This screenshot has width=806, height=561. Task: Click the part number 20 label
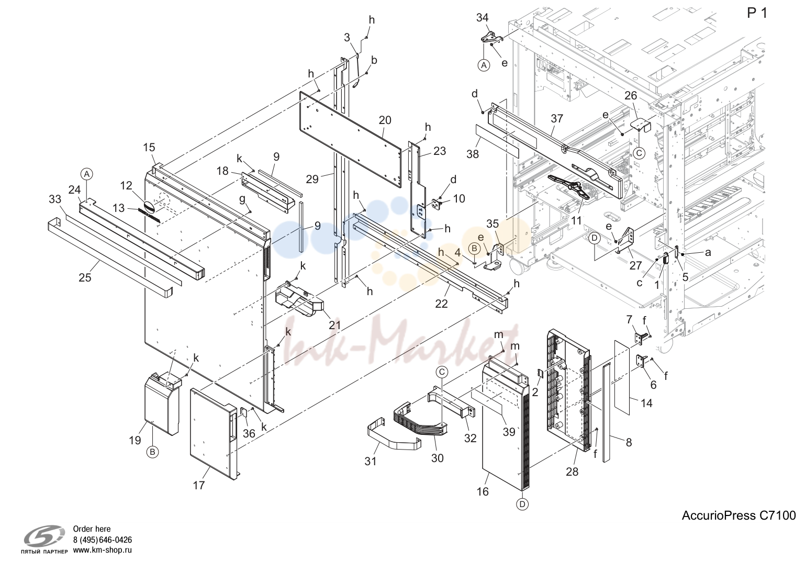tap(385, 120)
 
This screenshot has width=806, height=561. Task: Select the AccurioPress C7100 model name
tap(738, 515)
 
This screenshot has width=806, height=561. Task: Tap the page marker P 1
tap(757, 13)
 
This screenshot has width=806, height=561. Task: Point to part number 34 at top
tap(483, 18)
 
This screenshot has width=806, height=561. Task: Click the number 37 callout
tap(557, 119)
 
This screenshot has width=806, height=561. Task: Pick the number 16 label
tap(483, 491)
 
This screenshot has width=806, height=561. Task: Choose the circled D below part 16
tap(522, 504)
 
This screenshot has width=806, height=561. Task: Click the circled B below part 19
tap(152, 452)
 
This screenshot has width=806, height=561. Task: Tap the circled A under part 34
tap(484, 65)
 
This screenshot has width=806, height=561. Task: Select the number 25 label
tap(85, 277)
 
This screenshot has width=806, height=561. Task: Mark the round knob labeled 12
tap(149, 206)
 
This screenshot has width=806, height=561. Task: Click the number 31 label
tap(370, 461)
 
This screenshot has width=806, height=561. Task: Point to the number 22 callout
tap(442, 304)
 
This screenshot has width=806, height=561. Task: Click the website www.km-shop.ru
tap(103, 550)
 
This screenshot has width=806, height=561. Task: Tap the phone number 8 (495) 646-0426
tap(103, 540)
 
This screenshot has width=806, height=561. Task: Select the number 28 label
tap(572, 472)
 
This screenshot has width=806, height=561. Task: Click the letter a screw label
tap(708, 253)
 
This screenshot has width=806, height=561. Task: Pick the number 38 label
tap(473, 154)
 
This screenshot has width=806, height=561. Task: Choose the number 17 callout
tap(199, 486)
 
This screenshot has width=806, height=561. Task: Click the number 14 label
tap(646, 403)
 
